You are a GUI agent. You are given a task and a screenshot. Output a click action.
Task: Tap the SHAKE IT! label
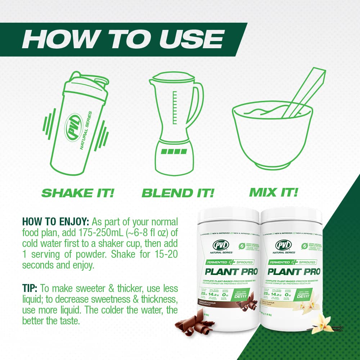(x=77, y=193)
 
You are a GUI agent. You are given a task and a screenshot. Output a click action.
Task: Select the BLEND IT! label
(x=178, y=193)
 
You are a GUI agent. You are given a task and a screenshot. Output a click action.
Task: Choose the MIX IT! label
(x=274, y=192)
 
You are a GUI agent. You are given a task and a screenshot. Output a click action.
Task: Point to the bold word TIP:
(x=30, y=288)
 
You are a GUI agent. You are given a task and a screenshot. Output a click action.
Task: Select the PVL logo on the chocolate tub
(x=219, y=246)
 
